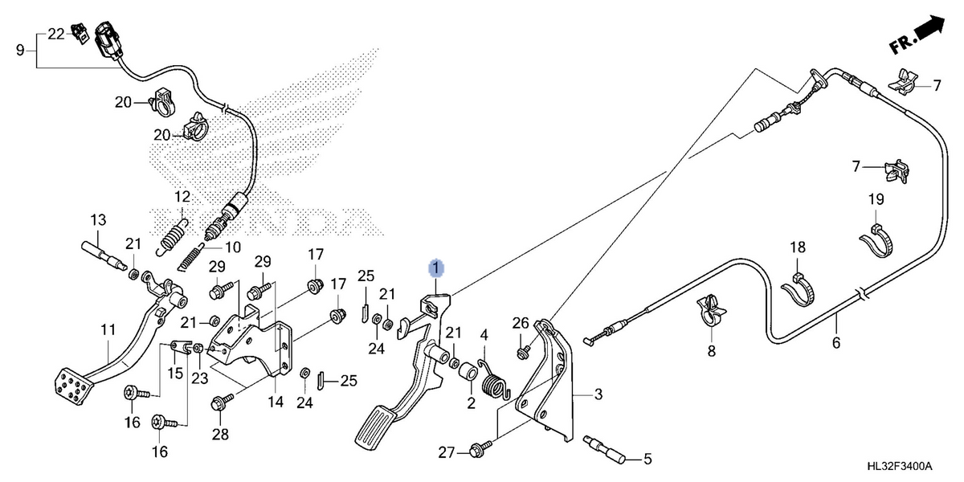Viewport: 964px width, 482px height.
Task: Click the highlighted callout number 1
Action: coord(436,268)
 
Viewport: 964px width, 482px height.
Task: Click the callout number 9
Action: coord(20,51)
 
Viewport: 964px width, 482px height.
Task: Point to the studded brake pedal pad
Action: coord(73,386)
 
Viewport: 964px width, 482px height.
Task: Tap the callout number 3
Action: coord(598,394)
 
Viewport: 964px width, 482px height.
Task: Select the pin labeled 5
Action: coord(604,450)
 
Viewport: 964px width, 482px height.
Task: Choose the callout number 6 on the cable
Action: coord(835,343)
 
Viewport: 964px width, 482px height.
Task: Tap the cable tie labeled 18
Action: coord(797,290)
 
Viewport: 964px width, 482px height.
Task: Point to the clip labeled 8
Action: coord(711,312)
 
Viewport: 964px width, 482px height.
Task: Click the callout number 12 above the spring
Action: coord(182,197)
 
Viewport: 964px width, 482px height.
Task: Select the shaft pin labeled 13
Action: coord(104,256)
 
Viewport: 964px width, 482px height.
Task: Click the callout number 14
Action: coord(276,402)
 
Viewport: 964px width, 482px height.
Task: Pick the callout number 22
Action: coord(56,34)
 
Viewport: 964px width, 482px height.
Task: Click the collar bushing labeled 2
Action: coord(468,372)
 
